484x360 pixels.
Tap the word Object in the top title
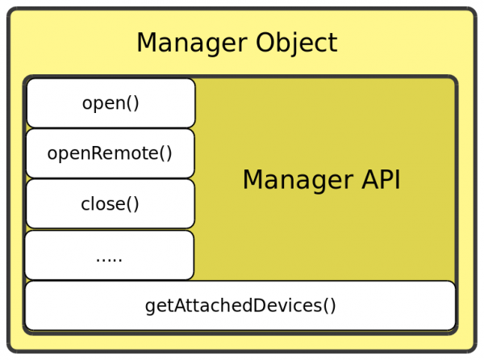pyautogui.click(x=297, y=43)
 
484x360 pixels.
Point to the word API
pyautogui.click(x=381, y=180)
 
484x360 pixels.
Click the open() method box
pyautogui.click(x=111, y=103)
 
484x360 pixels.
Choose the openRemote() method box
pyautogui.click(x=111, y=153)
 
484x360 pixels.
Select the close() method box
pyautogui.click(x=111, y=204)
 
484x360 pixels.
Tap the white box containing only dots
pyautogui.click(x=110, y=255)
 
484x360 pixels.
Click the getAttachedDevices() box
pyautogui.click(x=240, y=306)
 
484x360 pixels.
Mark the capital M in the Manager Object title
pyautogui.click(x=147, y=43)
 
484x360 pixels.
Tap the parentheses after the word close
pyautogui.click(x=132, y=204)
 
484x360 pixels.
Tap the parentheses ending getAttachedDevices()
pyautogui.click(x=329, y=306)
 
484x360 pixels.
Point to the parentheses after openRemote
pyautogui.click(x=166, y=153)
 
